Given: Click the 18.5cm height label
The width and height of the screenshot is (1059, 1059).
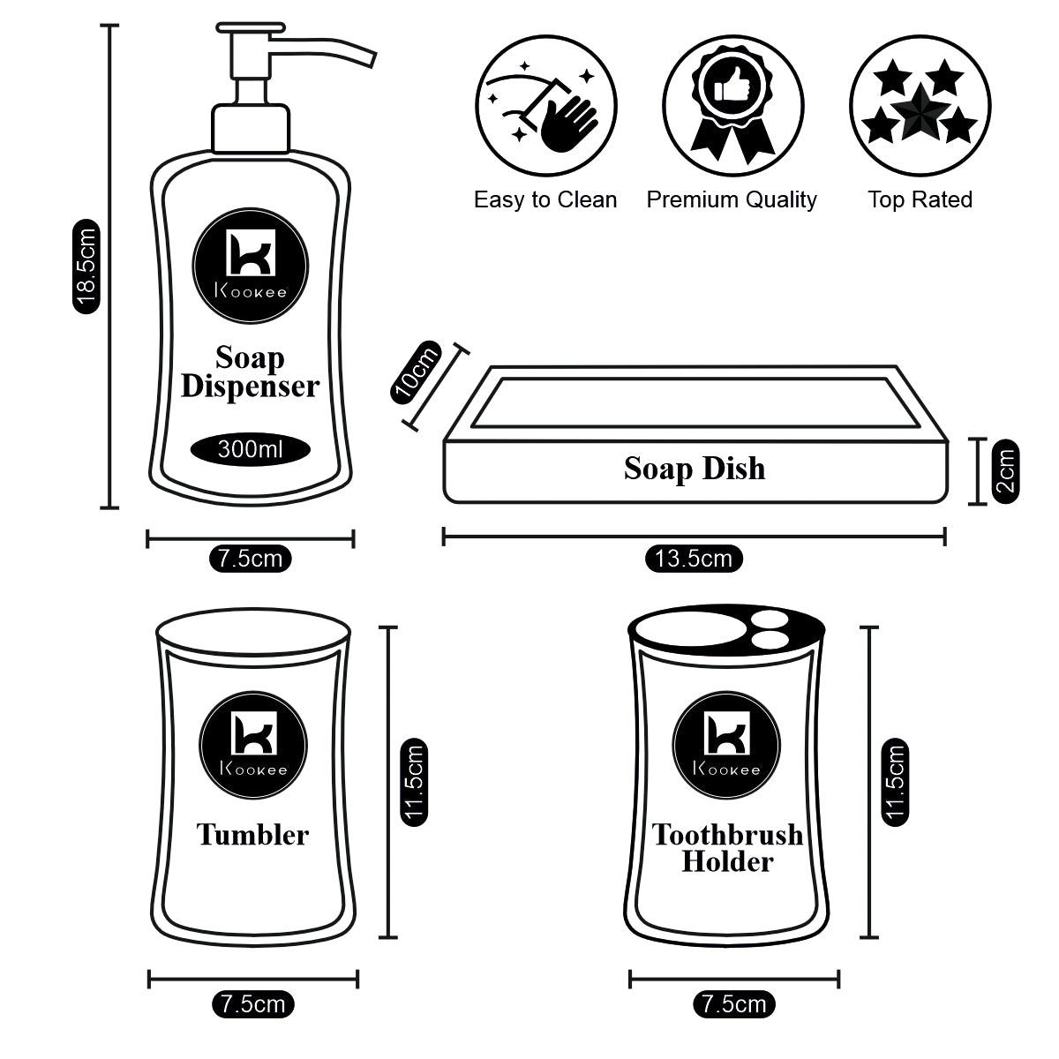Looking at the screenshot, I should [86, 267].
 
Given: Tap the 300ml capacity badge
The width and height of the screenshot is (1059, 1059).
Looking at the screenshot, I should [250, 449].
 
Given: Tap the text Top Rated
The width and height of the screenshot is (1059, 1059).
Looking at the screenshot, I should [919, 199].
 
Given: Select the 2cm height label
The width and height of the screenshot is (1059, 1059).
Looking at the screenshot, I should [1005, 472].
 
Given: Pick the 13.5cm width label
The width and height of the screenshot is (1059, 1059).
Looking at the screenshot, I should [694, 558].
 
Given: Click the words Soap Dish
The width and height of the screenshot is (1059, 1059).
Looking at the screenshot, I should [695, 468].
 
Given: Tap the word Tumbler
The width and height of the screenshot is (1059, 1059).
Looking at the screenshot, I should [252, 834].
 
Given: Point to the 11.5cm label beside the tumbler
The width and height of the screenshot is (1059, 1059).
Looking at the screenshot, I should [415, 781].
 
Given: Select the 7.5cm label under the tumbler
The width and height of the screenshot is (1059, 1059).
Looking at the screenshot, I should [252, 1003].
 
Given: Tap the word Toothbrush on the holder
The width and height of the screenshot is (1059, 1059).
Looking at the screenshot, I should [727, 834].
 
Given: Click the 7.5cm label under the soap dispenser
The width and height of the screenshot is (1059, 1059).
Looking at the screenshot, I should [250, 558].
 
